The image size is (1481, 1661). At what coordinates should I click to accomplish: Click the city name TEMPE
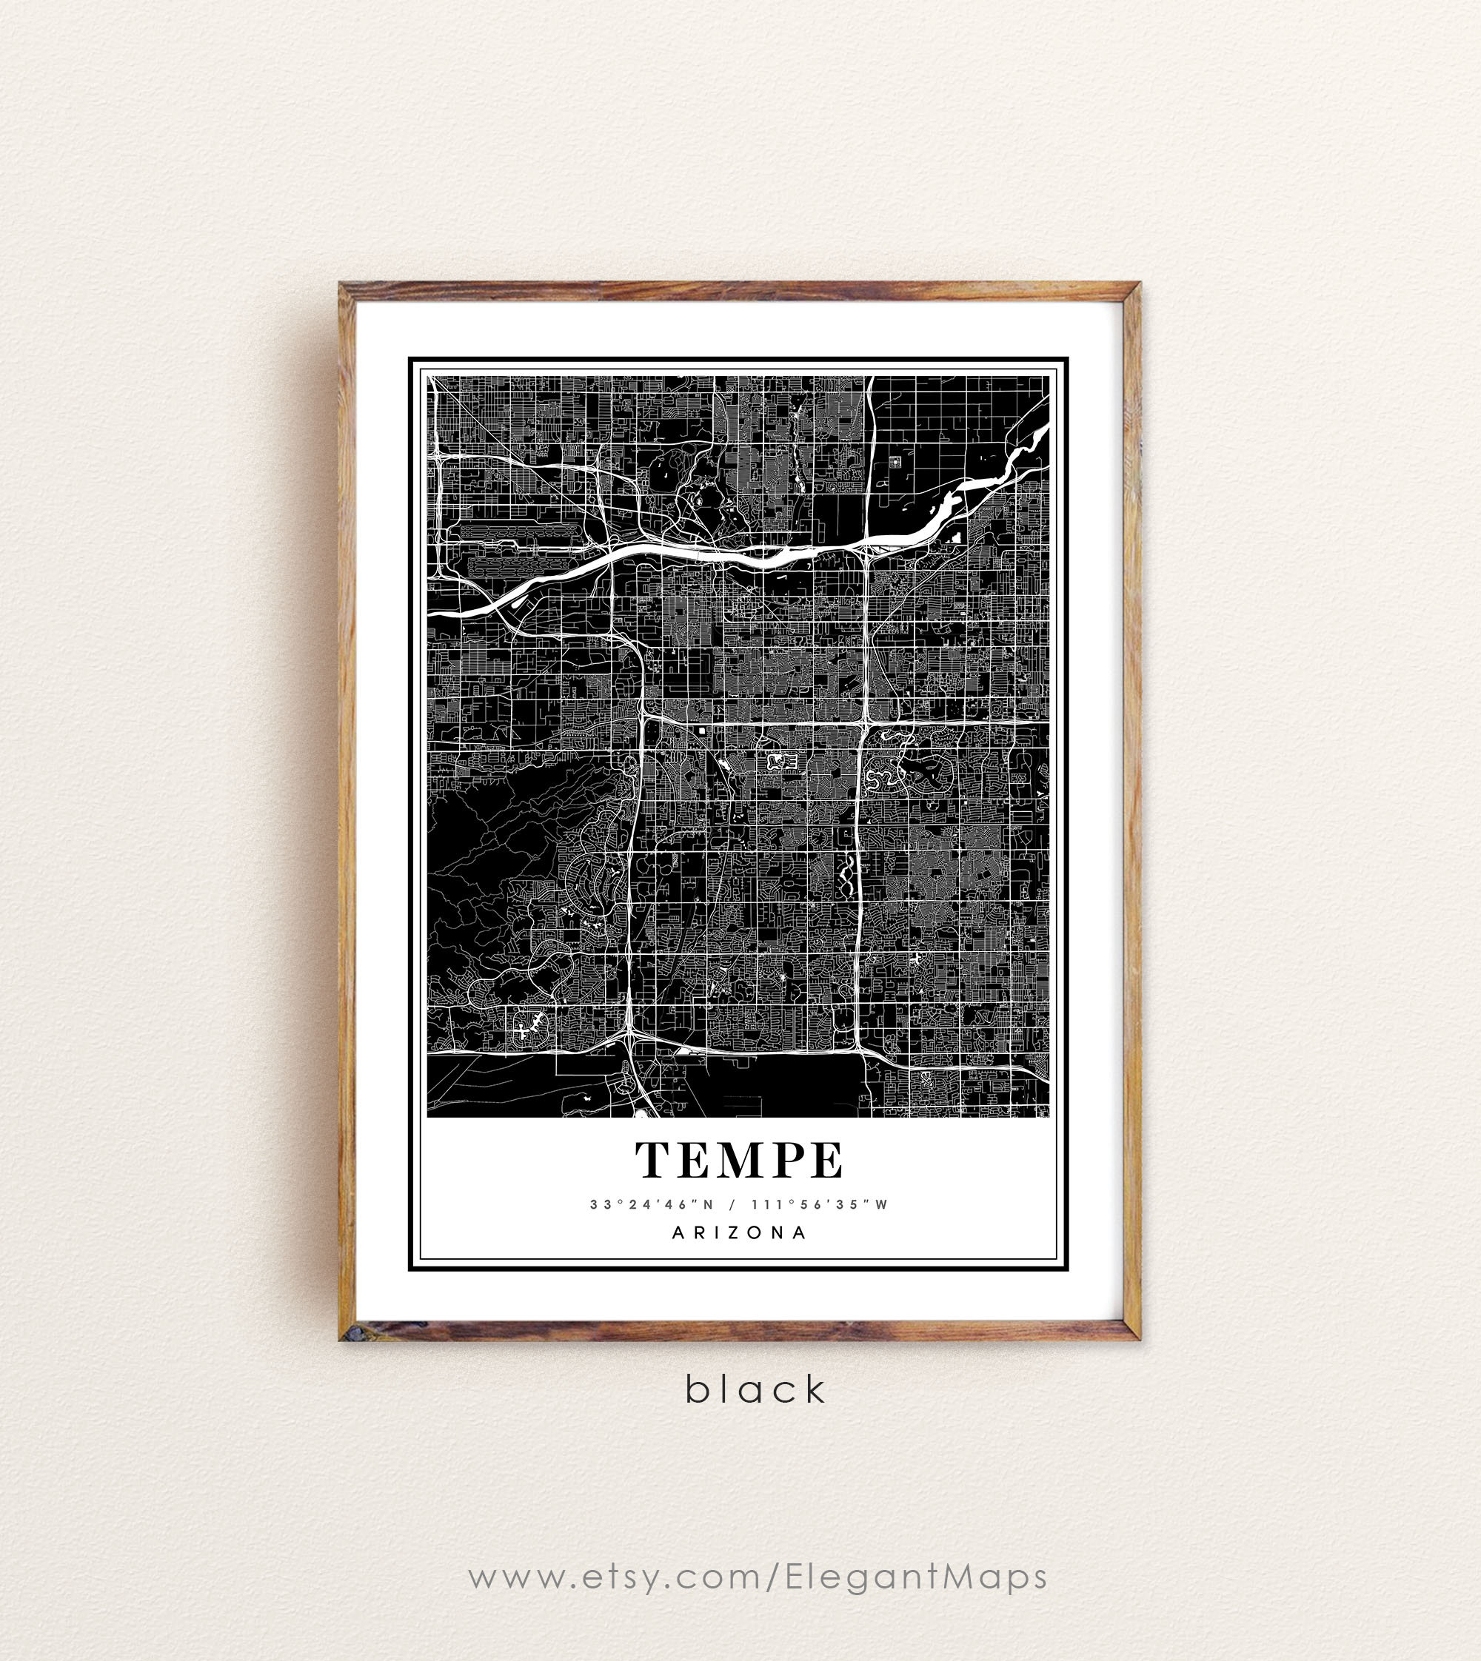[x=740, y=1161]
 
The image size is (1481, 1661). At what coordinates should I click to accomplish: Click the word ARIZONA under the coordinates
[x=740, y=1232]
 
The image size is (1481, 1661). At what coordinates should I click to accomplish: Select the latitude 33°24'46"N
[x=652, y=1205]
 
